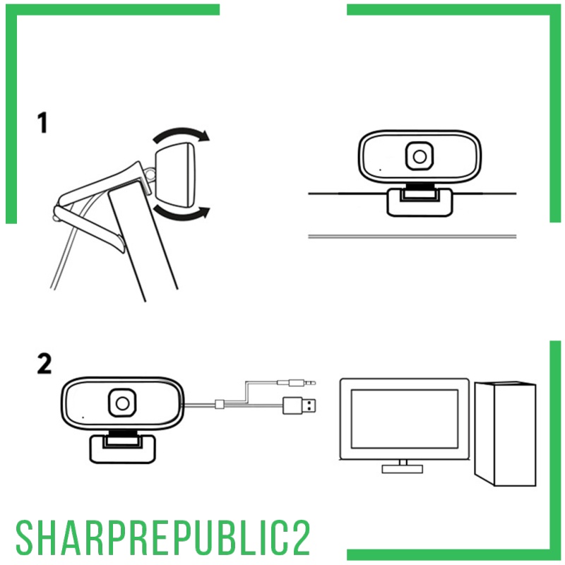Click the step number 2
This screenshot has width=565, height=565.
[x=43, y=364]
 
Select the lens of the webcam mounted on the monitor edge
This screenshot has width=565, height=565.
[x=419, y=156]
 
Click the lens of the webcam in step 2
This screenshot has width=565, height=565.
[x=122, y=403]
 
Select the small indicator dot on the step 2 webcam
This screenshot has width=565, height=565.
[x=82, y=417]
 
